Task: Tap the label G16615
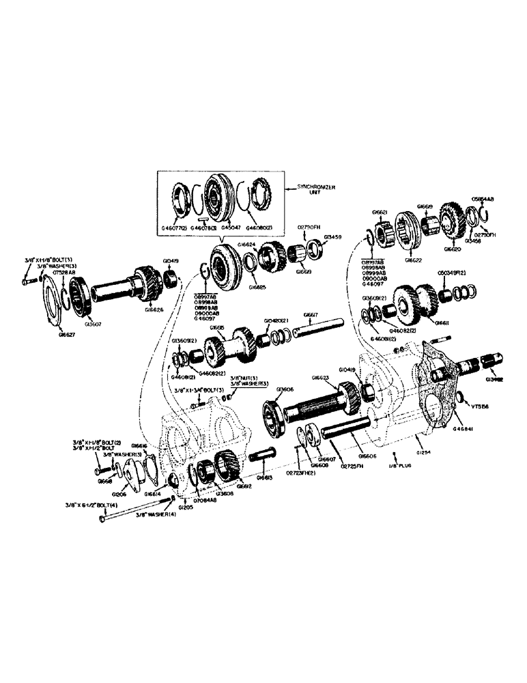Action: tap(216, 327)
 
